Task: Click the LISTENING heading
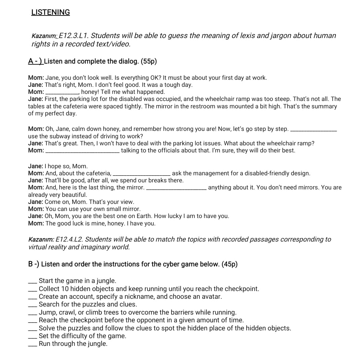[50, 12]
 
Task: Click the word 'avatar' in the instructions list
[211, 297]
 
